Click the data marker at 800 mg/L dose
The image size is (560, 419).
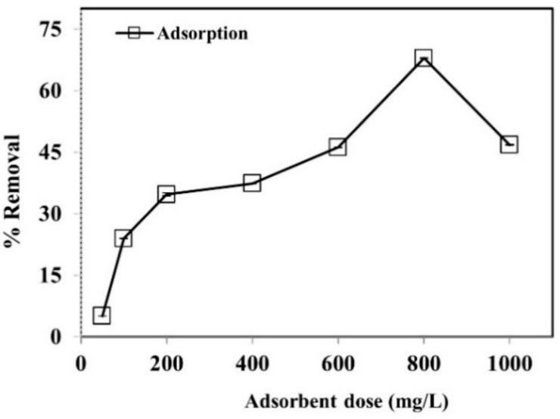[423, 58]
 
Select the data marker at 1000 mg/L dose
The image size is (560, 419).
[509, 144]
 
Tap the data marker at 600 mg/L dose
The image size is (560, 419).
[338, 147]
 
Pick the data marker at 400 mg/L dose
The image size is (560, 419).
[252, 182]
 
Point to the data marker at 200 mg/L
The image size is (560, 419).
[166, 194]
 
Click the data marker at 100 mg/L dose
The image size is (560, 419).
[123, 238]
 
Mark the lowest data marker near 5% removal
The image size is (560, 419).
[102, 315]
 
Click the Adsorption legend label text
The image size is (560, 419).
[202, 33]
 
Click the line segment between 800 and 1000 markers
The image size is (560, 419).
[465, 101]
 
